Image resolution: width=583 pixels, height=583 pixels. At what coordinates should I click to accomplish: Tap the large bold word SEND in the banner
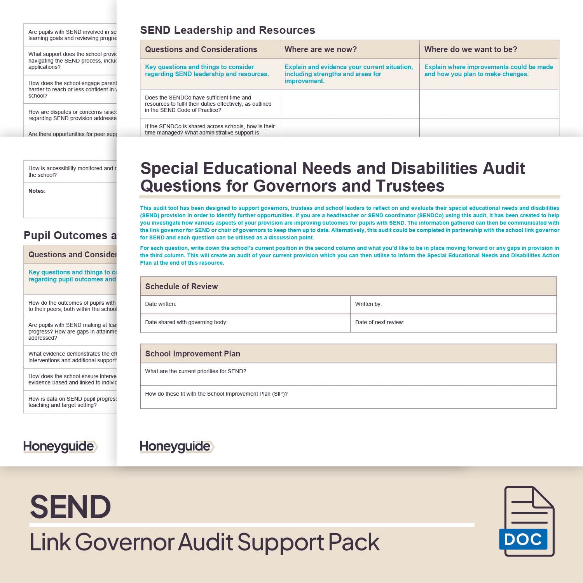click(70, 507)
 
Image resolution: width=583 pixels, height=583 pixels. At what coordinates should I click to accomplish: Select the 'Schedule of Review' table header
click(181, 286)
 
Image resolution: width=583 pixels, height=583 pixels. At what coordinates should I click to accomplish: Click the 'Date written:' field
click(161, 304)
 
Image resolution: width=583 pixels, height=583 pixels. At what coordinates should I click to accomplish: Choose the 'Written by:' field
click(368, 304)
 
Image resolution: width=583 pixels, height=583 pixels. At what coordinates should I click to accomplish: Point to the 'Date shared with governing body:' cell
click(186, 322)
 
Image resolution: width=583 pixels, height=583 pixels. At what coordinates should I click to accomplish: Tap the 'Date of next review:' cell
click(379, 322)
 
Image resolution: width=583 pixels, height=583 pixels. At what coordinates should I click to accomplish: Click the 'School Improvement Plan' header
click(192, 354)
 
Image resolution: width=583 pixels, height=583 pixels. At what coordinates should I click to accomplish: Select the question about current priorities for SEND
click(195, 371)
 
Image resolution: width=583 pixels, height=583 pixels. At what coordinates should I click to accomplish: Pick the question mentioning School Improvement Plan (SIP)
click(216, 394)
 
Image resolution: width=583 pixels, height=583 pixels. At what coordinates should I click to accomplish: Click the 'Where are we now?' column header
click(321, 49)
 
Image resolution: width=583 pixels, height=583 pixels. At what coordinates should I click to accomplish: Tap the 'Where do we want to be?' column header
click(471, 49)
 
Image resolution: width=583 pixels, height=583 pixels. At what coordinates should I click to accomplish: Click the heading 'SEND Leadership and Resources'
click(227, 30)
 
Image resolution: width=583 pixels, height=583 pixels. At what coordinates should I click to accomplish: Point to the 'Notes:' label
click(37, 191)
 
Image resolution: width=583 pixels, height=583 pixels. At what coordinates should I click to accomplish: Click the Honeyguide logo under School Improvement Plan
click(177, 447)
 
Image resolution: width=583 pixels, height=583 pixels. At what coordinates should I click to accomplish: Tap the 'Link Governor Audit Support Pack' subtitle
click(205, 542)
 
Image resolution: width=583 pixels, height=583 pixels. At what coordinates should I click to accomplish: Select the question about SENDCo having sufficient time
click(208, 104)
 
